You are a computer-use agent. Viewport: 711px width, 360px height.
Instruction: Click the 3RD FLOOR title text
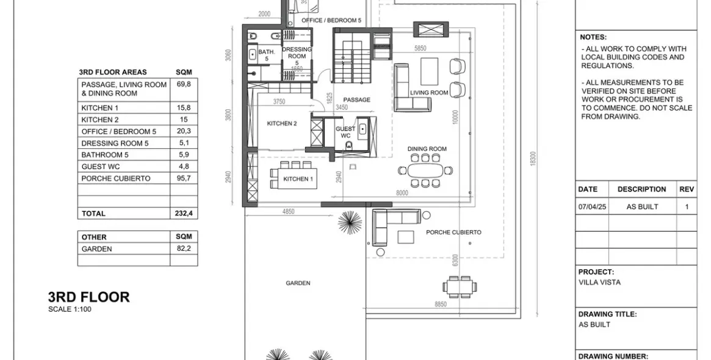[88, 297]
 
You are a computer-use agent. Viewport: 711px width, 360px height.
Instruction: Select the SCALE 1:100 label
[70, 309]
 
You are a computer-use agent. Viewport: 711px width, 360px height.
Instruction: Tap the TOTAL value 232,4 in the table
[183, 214]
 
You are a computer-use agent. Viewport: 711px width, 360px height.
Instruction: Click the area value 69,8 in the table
[183, 84]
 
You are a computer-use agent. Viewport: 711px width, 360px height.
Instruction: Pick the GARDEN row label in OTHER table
[96, 249]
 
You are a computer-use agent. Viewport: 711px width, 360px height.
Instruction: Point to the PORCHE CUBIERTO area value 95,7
[183, 178]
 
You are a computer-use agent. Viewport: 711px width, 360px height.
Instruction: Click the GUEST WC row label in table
[101, 167]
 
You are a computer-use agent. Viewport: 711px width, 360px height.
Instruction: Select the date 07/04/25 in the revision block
[592, 207]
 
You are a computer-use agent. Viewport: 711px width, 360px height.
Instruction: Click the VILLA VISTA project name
[599, 283]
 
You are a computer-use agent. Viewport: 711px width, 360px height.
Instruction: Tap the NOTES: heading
[593, 37]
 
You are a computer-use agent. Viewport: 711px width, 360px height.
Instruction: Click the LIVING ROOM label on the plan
[429, 93]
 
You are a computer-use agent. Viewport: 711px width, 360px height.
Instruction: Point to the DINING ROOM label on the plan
[427, 149]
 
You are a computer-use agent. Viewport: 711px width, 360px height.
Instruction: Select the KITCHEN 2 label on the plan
[281, 123]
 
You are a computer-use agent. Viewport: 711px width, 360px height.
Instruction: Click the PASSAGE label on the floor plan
[356, 99]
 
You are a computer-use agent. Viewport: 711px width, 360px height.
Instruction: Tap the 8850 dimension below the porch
[440, 304]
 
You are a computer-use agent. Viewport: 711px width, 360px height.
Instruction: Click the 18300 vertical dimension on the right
[533, 159]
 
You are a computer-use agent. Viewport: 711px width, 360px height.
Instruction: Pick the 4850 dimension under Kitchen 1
[288, 212]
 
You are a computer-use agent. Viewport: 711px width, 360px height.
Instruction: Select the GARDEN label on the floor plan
[298, 283]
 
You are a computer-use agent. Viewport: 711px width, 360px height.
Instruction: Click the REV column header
[687, 189]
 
